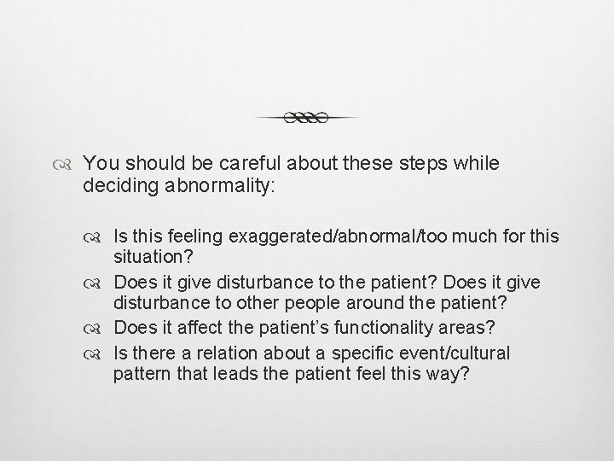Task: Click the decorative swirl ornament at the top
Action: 306,118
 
